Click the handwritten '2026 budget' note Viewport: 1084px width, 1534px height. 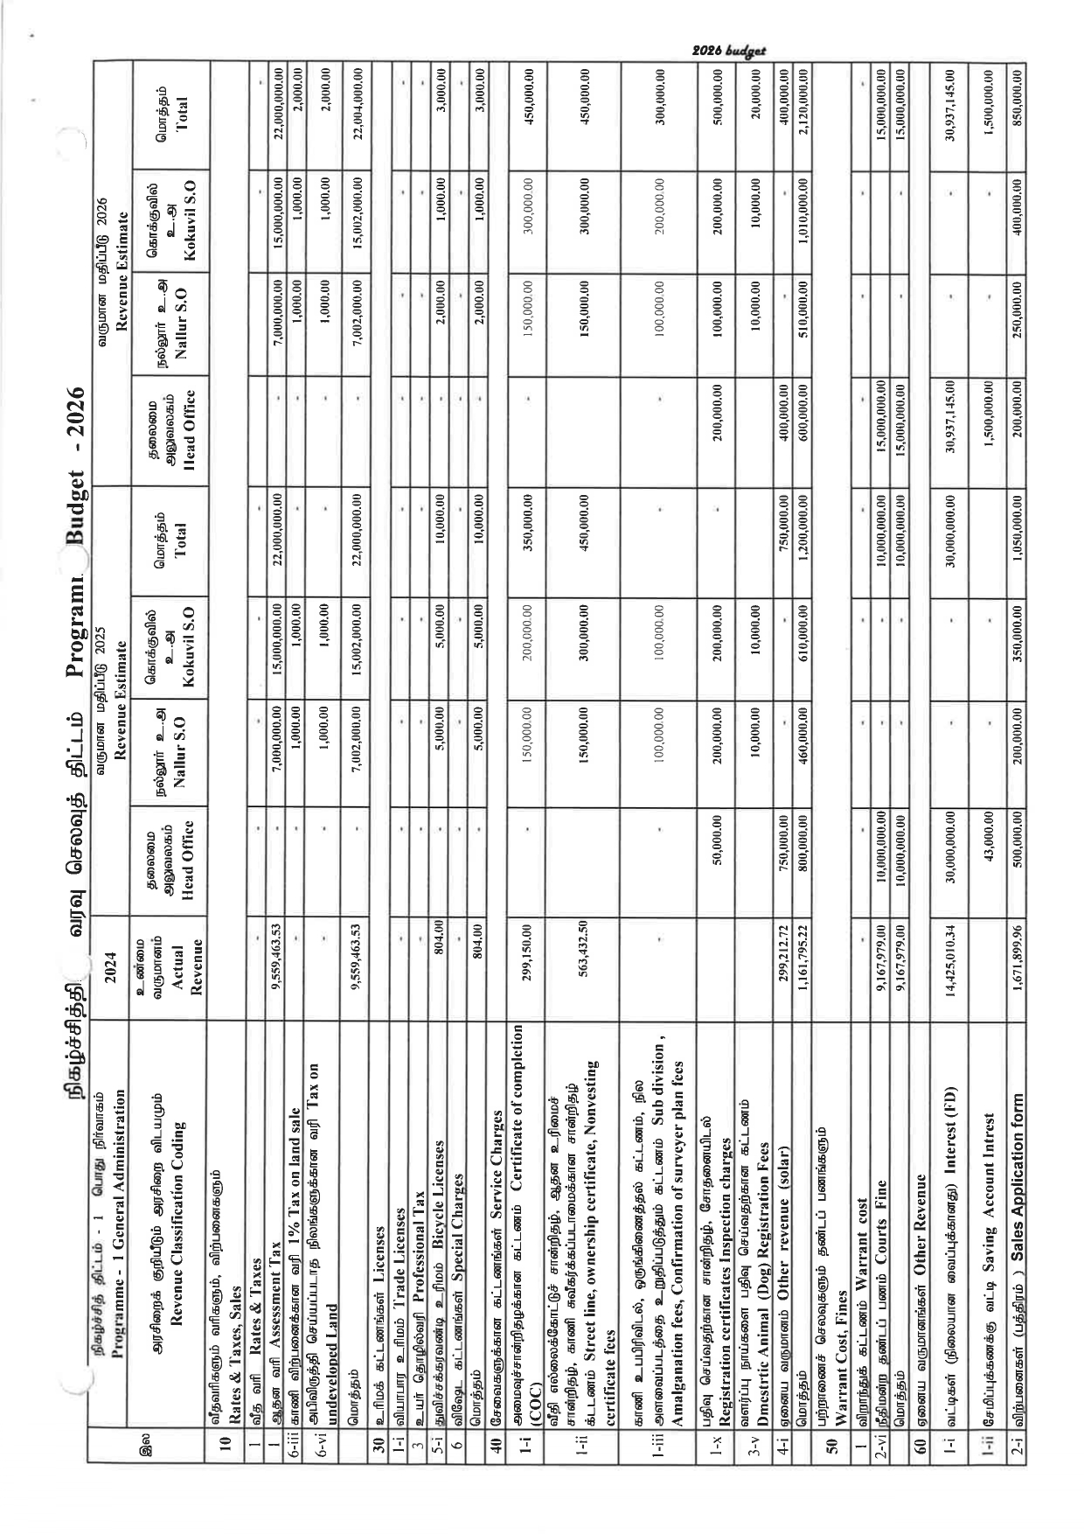727,52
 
